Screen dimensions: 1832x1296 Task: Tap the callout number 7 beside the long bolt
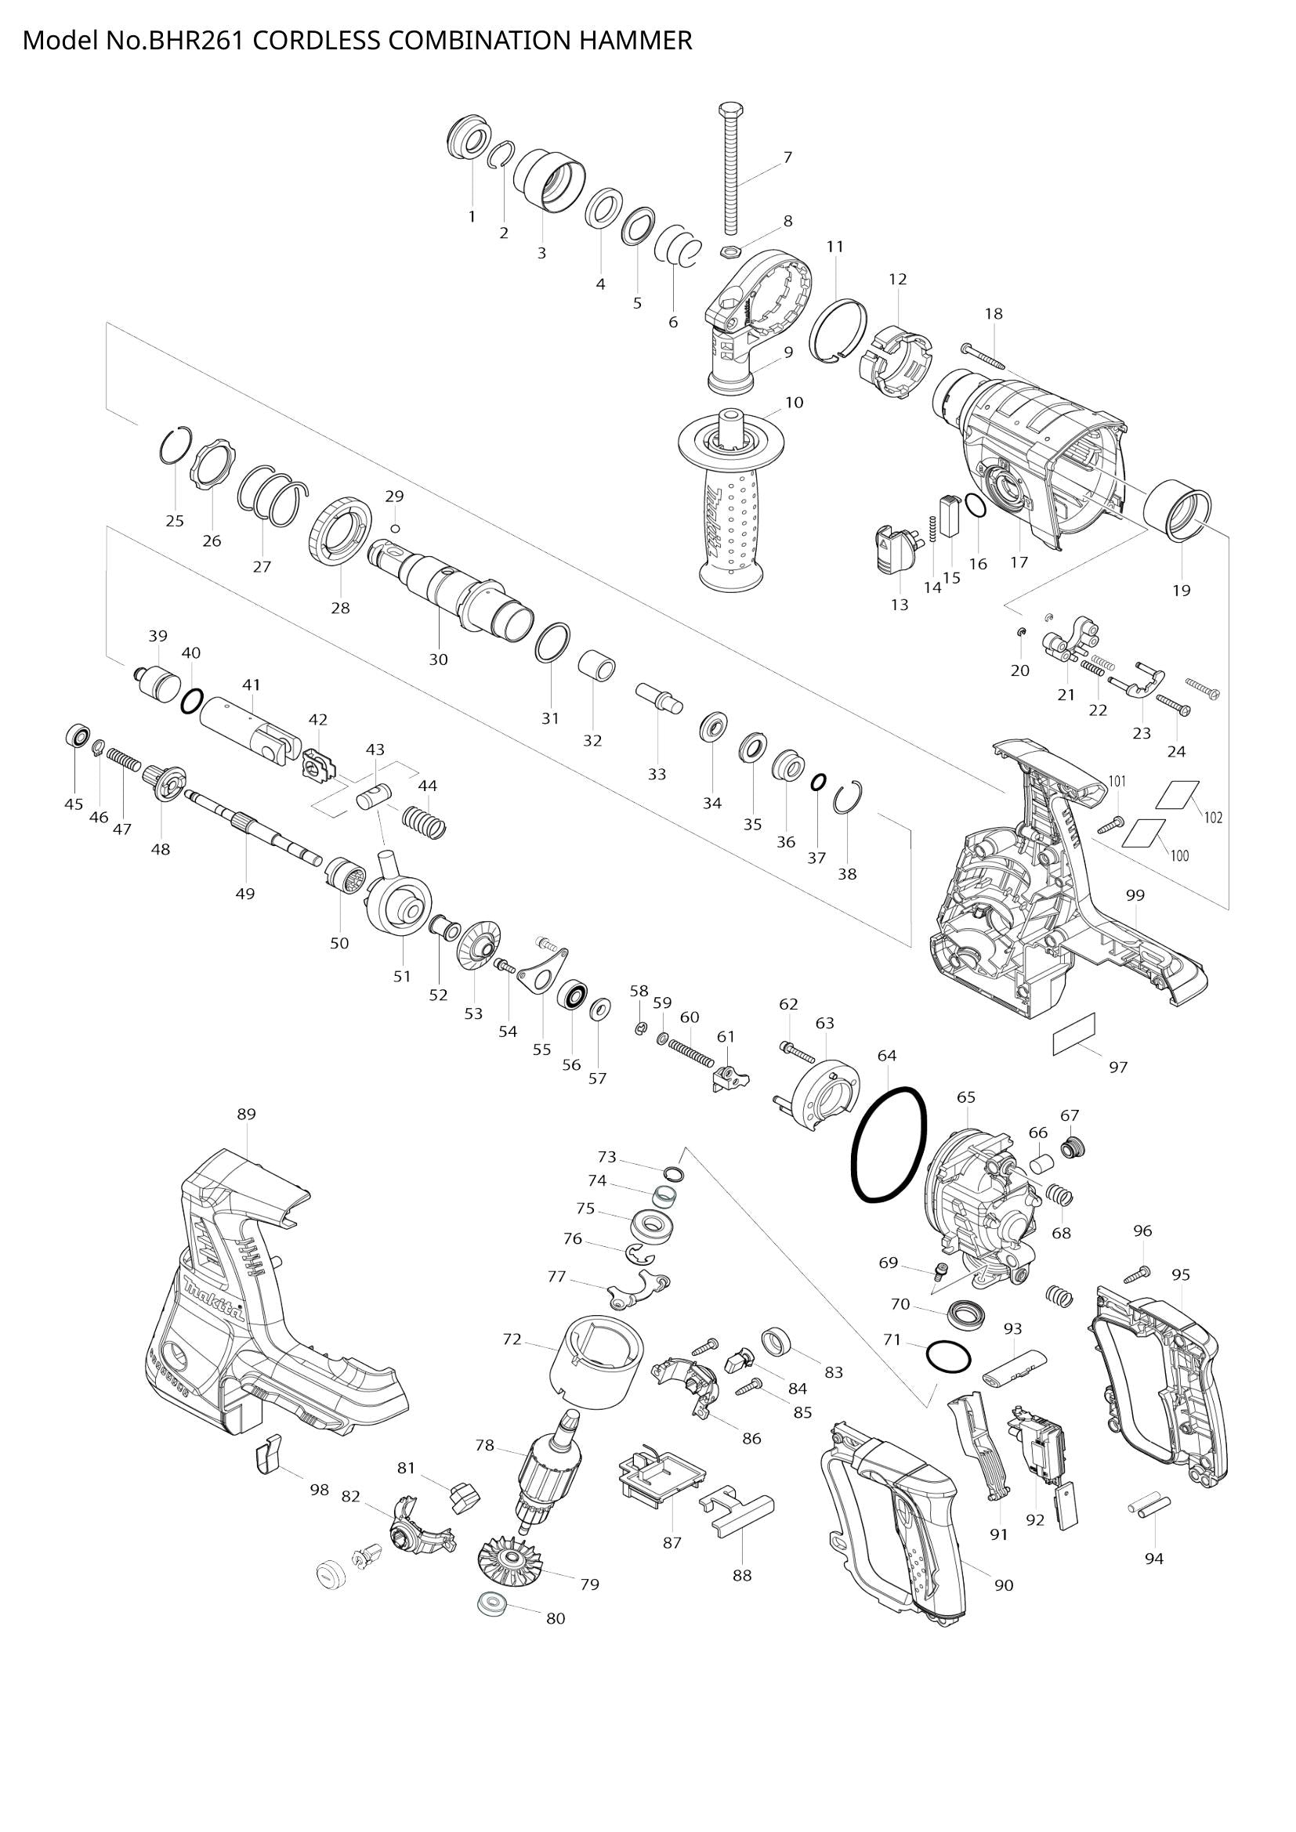click(x=787, y=157)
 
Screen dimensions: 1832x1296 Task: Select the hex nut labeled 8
click(x=728, y=251)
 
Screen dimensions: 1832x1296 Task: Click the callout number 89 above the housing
click(x=247, y=1115)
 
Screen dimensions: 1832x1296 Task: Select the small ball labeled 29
click(x=395, y=528)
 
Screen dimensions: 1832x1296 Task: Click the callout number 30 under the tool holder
click(x=438, y=659)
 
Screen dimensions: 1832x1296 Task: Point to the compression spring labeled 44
click(x=424, y=822)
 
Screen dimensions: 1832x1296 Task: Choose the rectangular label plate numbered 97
click(x=1074, y=1034)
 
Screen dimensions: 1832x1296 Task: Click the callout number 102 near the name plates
click(x=1213, y=818)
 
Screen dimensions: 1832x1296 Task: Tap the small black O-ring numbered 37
click(x=817, y=783)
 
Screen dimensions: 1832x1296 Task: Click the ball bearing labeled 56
click(x=573, y=995)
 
